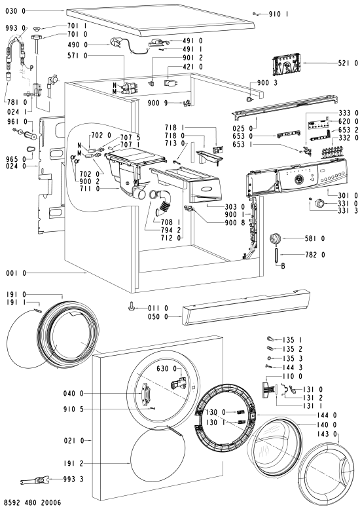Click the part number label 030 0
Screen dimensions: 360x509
(15, 11)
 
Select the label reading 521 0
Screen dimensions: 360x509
(348, 64)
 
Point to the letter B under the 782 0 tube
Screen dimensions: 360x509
(283, 266)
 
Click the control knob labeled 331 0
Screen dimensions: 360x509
(320, 204)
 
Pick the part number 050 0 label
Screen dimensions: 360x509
(158, 316)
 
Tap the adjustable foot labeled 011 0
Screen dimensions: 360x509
(132, 305)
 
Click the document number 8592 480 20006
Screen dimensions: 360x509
(33, 503)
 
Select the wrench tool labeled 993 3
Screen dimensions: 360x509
(34, 480)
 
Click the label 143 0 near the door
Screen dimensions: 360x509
(327, 434)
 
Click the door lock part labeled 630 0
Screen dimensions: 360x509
(179, 382)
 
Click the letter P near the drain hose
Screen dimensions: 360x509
(31, 68)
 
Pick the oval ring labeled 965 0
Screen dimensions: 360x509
(30, 150)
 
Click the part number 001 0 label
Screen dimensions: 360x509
(16, 273)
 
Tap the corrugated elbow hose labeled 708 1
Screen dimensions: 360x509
(164, 203)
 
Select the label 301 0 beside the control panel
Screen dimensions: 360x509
(348, 195)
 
